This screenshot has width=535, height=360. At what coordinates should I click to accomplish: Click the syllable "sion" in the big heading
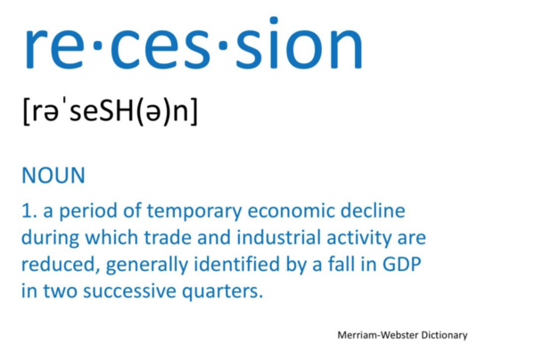(x=299, y=44)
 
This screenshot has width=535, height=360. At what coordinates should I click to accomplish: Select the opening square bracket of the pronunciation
(x=26, y=111)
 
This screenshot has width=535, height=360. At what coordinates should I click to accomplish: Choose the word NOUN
(x=53, y=176)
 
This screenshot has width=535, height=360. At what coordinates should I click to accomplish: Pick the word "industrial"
(x=279, y=237)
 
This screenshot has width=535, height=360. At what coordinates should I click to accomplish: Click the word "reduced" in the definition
(x=57, y=264)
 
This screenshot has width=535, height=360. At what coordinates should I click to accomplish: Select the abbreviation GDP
(x=402, y=264)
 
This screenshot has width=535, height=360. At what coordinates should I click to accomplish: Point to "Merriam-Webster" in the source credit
(x=378, y=335)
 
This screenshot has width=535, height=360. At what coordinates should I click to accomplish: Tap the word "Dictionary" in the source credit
(x=444, y=335)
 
